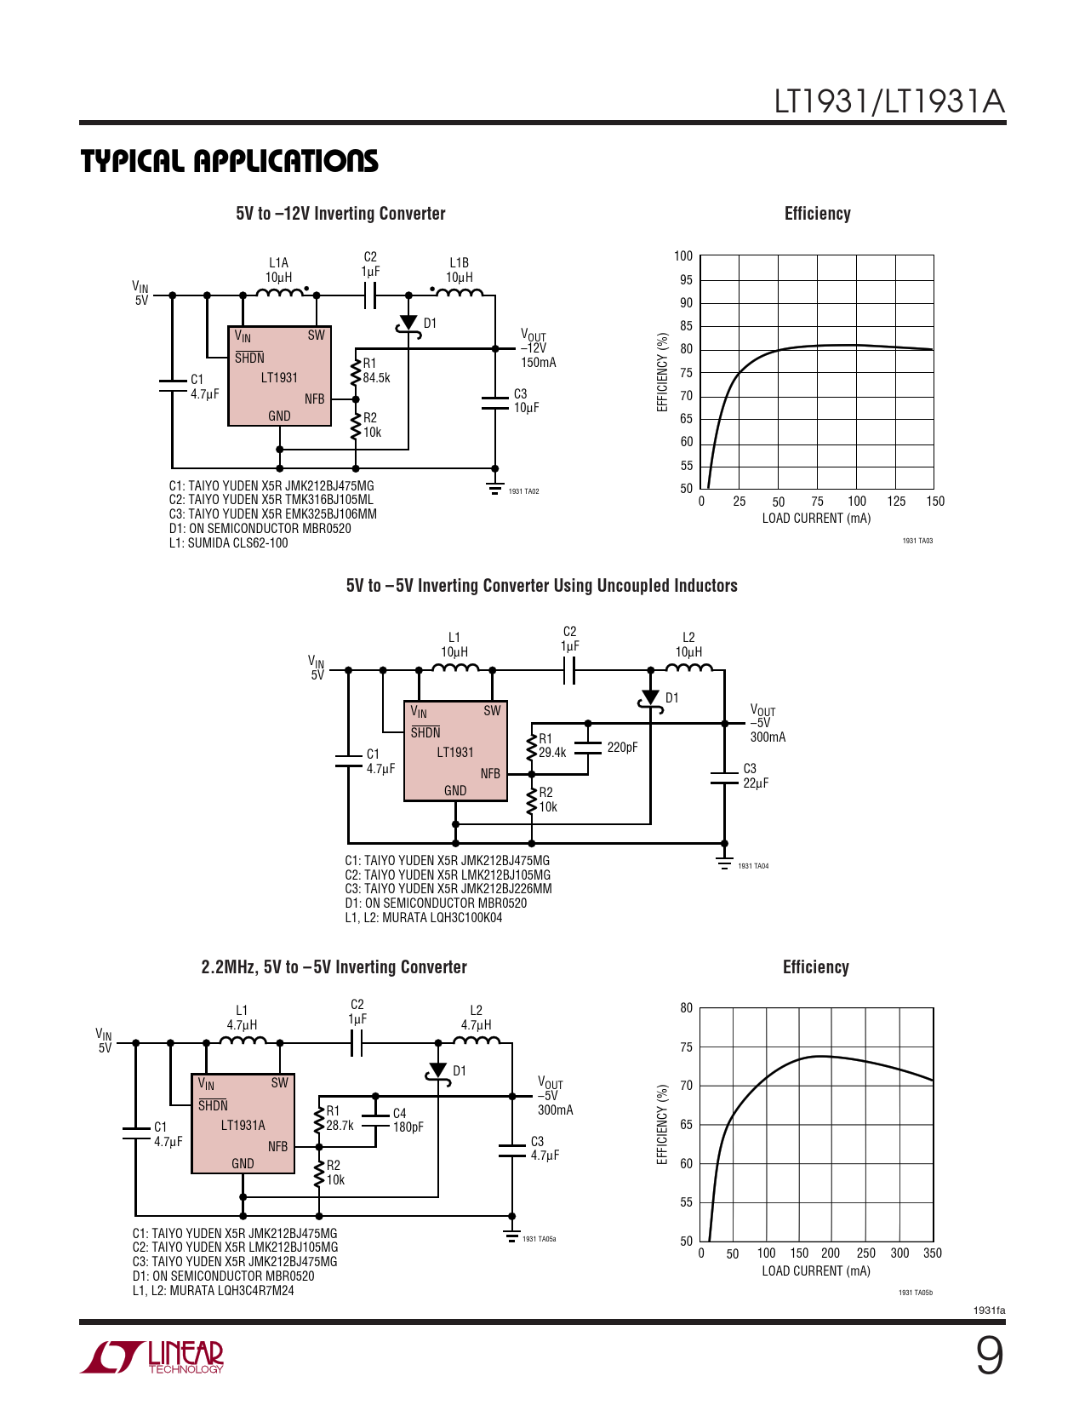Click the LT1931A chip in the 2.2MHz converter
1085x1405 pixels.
click(243, 1124)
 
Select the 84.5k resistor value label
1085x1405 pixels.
click(376, 377)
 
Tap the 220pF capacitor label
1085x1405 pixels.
click(622, 748)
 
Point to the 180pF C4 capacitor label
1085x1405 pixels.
click(408, 1127)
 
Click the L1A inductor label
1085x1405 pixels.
click(278, 262)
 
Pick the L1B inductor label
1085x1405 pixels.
click(459, 262)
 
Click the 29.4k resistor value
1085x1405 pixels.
click(552, 752)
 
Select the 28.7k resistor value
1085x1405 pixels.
click(340, 1125)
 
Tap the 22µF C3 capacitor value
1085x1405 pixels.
click(756, 783)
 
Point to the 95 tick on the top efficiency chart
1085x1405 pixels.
click(686, 280)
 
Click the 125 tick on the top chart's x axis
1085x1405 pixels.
click(896, 501)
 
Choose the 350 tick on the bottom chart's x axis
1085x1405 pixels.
click(933, 1253)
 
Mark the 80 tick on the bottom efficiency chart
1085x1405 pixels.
click(686, 1008)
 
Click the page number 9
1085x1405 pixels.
click(990, 1356)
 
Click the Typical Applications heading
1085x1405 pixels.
click(230, 162)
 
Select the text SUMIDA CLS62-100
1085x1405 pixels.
click(237, 543)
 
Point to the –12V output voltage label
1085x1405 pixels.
click(534, 348)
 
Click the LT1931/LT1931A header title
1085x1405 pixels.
click(890, 101)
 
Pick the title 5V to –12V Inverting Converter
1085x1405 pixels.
click(340, 214)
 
